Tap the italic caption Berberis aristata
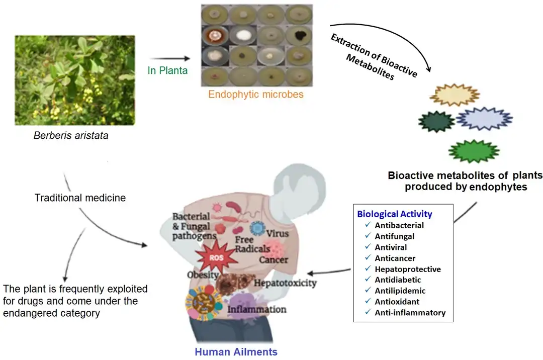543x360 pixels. pyautogui.click(x=70, y=136)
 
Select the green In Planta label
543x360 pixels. pyautogui.click(x=167, y=71)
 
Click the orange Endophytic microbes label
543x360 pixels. pyautogui.click(x=256, y=94)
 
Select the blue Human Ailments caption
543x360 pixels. pyautogui.click(x=236, y=352)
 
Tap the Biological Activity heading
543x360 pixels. pyautogui.click(x=395, y=214)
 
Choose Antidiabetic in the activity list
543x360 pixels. pyautogui.click(x=398, y=280)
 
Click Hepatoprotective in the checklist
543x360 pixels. pyautogui.click(x=408, y=269)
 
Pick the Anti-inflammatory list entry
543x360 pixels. pyautogui.click(x=410, y=313)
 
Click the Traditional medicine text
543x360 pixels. pyautogui.click(x=80, y=198)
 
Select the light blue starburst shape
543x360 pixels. pyautogui.click(x=484, y=119)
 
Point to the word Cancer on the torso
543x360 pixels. pyautogui.click(x=273, y=260)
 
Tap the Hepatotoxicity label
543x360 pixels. pyautogui.click(x=285, y=283)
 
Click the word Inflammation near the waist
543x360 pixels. pyautogui.click(x=257, y=309)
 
